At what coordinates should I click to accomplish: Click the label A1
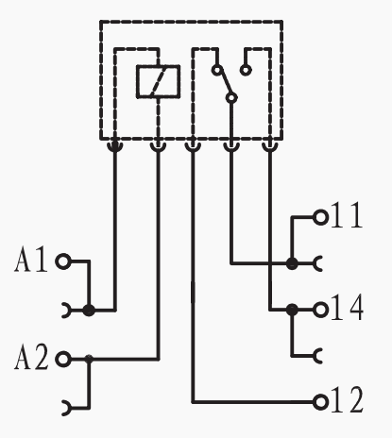[31, 260]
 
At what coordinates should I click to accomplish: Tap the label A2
[31, 357]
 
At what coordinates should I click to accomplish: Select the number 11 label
[347, 215]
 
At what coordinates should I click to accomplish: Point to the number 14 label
[347, 308]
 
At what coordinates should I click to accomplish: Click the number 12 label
[347, 400]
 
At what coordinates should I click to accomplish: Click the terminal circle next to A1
[63, 261]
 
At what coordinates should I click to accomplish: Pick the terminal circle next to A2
[63, 359]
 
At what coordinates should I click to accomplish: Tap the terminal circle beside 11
[320, 217]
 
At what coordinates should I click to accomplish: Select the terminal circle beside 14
[320, 311]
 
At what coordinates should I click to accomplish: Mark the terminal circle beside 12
[320, 402]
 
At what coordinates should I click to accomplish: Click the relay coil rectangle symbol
[159, 82]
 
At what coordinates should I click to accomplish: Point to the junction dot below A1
[89, 311]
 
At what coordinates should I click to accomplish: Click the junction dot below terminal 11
[292, 263]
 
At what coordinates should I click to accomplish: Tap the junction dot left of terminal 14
[292, 310]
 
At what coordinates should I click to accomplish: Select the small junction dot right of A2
[89, 359]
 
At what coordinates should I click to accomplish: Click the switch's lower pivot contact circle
[231, 98]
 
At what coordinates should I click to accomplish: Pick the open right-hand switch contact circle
[246, 70]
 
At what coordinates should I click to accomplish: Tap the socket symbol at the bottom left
[67, 408]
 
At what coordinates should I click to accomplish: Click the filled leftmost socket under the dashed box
[115, 145]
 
